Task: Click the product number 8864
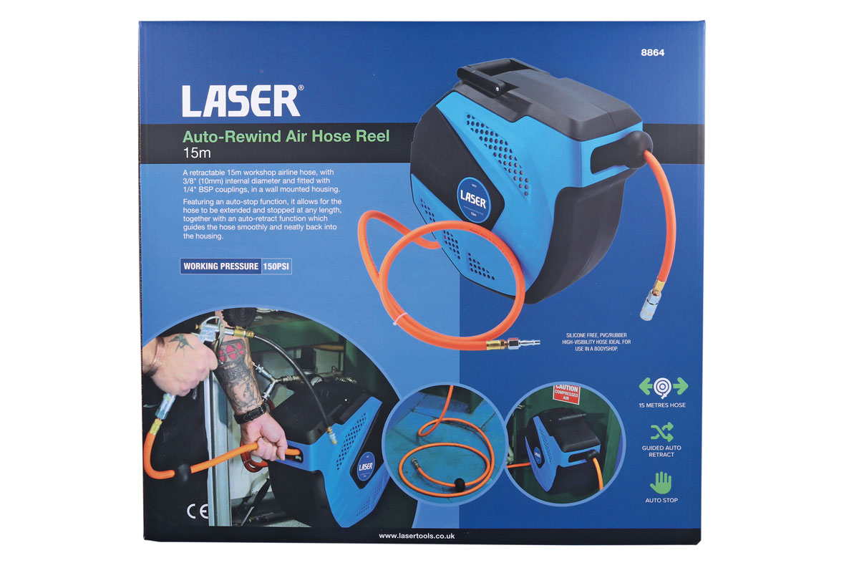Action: point(652,52)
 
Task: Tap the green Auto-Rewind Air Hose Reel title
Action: point(286,136)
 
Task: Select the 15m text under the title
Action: point(197,153)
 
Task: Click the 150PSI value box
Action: point(276,266)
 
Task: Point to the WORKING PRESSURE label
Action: point(221,266)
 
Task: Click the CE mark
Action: point(198,511)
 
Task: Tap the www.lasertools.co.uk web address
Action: point(417,536)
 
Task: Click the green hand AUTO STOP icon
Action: point(661,483)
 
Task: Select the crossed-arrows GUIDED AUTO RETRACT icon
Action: point(661,432)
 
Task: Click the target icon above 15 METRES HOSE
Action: point(663,387)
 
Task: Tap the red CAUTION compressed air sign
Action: point(566,393)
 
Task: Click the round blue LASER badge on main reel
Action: point(474,200)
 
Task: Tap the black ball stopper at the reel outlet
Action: point(636,149)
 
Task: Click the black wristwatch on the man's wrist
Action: point(250,415)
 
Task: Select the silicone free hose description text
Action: point(596,342)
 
